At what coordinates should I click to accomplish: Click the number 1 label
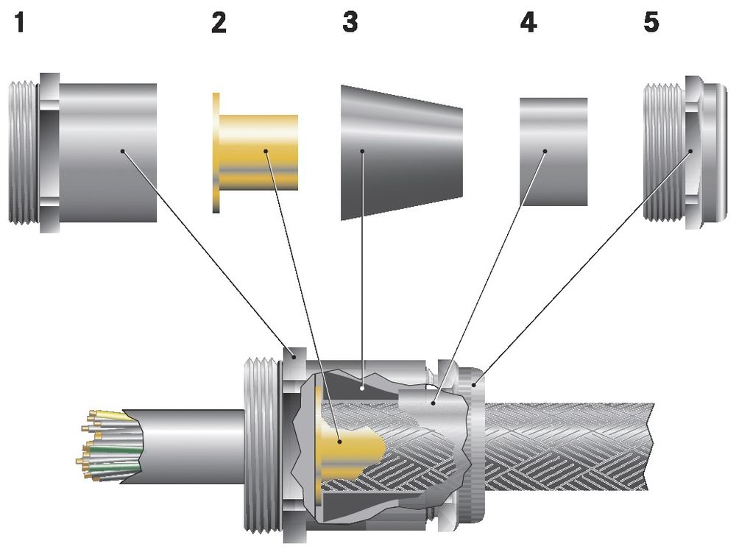click(19, 23)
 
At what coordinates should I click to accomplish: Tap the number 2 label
click(219, 23)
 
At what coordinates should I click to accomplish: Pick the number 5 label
click(651, 23)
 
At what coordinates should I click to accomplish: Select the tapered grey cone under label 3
click(401, 153)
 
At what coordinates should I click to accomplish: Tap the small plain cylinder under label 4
click(553, 151)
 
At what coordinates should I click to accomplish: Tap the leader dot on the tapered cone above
click(363, 152)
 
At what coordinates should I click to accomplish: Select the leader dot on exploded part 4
click(545, 152)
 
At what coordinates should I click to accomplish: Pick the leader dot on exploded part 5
click(690, 152)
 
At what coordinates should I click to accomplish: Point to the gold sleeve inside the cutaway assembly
click(346, 442)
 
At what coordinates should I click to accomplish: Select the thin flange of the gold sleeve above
click(216, 153)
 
